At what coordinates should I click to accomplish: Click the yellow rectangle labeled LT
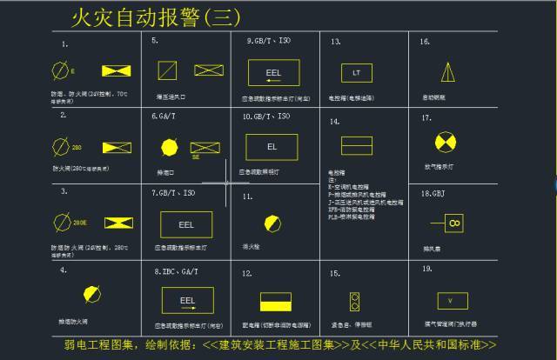coord(355,73)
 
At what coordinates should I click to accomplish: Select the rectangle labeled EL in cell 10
coord(272,147)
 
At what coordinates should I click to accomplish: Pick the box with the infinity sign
coord(453,223)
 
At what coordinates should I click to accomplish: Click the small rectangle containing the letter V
coord(450,301)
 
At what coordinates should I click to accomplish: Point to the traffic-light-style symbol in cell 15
coord(354,301)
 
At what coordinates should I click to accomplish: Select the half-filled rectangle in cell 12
coord(272,302)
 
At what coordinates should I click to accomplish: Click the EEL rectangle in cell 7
coord(186,224)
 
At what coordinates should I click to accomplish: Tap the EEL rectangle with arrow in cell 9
coord(273,72)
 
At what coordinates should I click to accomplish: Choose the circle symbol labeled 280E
coord(61,223)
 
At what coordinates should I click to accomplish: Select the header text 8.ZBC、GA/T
coord(176,271)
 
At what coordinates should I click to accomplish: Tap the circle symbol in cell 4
coord(88,293)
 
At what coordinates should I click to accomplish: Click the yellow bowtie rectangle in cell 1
coord(117,70)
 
